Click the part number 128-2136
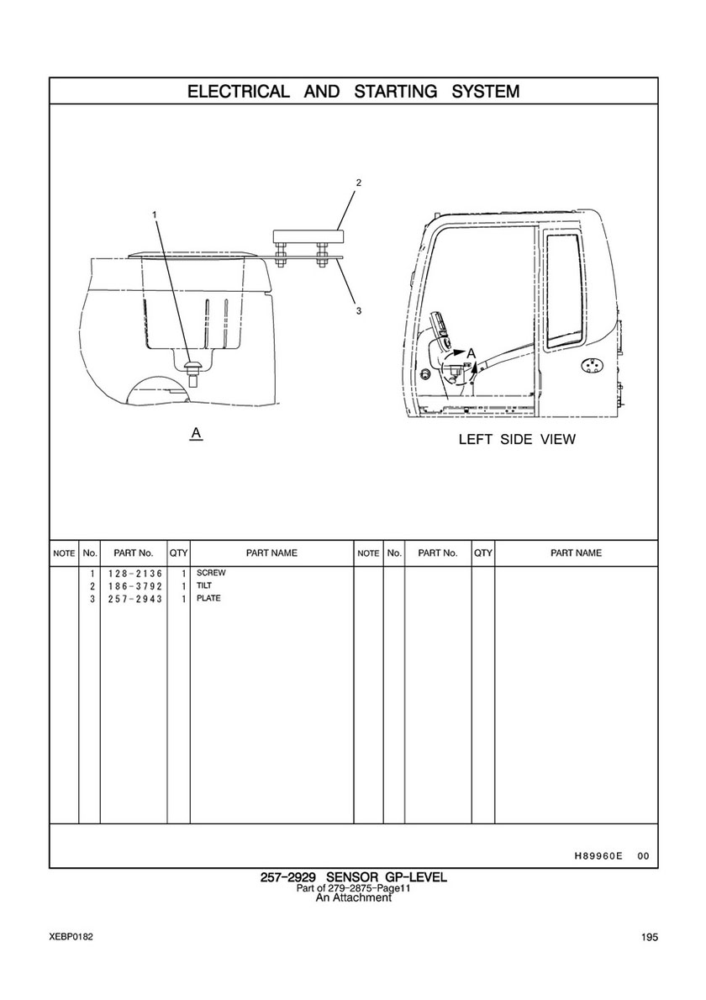(x=135, y=574)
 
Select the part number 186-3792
(x=135, y=586)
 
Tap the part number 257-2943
(x=135, y=599)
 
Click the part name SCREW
(x=211, y=573)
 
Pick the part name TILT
(x=204, y=585)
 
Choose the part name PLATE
(x=208, y=598)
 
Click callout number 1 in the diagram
(x=154, y=214)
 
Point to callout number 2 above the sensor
(x=359, y=183)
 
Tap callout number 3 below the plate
(x=359, y=310)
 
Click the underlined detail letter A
(x=197, y=433)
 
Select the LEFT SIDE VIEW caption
(x=517, y=439)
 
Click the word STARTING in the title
(x=396, y=92)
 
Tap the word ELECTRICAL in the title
(x=238, y=92)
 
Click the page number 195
(x=650, y=937)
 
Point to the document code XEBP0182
(x=71, y=937)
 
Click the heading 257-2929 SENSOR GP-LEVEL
(x=354, y=877)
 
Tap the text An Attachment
(x=354, y=898)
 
